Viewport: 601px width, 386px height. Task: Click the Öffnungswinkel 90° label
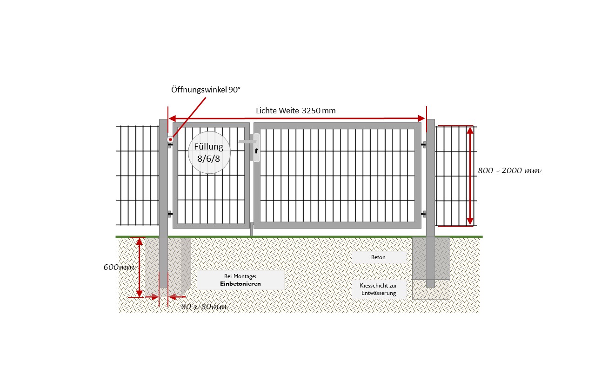[x=206, y=90]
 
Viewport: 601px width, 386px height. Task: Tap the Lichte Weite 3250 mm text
[x=295, y=111]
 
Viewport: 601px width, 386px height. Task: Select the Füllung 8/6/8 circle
[x=209, y=152]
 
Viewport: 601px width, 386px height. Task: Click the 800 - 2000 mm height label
[x=509, y=170]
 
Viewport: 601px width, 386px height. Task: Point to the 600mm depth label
[x=119, y=268]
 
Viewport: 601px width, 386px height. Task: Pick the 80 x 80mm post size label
[x=205, y=307]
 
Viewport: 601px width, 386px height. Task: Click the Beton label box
[x=378, y=257]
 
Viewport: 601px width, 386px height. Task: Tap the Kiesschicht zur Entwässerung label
[x=378, y=289]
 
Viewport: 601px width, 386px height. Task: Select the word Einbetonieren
[x=240, y=283]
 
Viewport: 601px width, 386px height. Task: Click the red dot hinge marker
[x=170, y=139]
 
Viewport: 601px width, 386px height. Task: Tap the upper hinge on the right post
[x=424, y=145]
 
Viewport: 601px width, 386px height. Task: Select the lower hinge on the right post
[x=424, y=214]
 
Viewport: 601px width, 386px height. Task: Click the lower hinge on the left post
[x=170, y=214]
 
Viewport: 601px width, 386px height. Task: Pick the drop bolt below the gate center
[x=251, y=229]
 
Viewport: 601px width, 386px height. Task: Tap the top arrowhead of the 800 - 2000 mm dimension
[x=470, y=131]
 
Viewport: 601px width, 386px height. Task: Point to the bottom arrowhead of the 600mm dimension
[x=139, y=293]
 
